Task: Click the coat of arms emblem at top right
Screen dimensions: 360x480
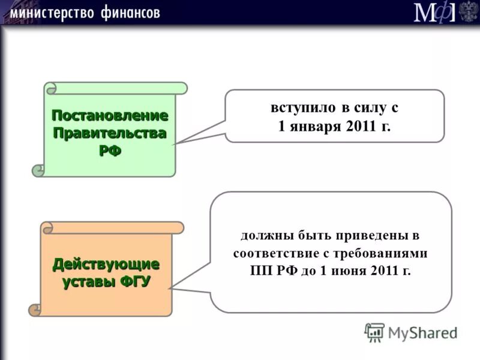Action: pyautogui.click(x=469, y=11)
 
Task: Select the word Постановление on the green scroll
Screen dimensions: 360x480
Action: pyautogui.click(x=109, y=115)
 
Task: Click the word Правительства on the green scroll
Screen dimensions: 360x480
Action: pyautogui.click(x=109, y=133)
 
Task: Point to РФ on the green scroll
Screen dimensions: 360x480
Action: pyautogui.click(x=109, y=151)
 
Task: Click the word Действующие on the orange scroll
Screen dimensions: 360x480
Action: pyautogui.click(x=106, y=264)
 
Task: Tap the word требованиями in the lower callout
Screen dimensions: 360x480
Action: pyautogui.click(x=389, y=253)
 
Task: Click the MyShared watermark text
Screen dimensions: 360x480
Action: pyautogui.click(x=422, y=332)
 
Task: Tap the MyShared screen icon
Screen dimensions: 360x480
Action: pyautogui.click(x=374, y=332)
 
